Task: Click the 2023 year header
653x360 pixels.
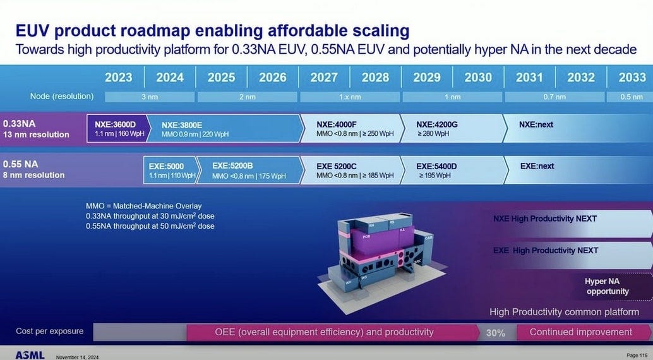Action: coord(118,77)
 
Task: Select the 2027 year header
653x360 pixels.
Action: coord(323,77)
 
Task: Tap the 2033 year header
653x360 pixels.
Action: coord(632,77)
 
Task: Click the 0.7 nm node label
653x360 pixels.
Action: coord(554,97)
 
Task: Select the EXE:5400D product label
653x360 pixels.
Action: coord(436,166)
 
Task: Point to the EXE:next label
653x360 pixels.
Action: coord(537,166)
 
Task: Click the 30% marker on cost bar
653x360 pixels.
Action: coord(495,333)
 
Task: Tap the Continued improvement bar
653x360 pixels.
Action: coord(580,332)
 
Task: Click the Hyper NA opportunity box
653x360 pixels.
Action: coord(607,286)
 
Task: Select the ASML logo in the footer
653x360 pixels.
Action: coord(30,355)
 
